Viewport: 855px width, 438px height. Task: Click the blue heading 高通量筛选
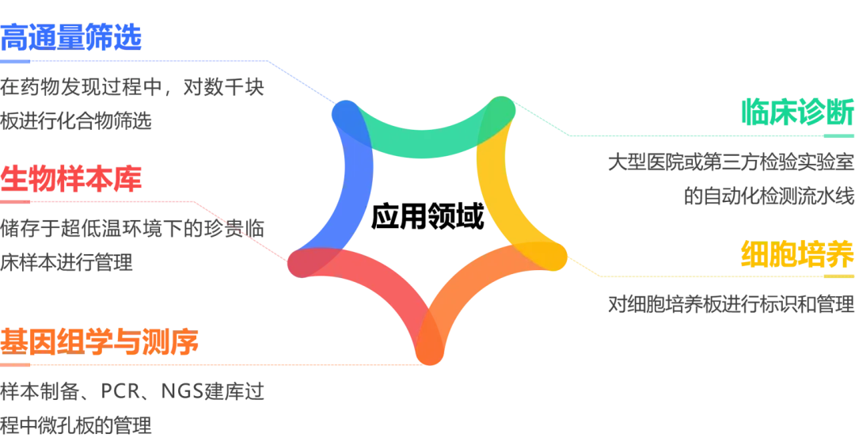pos(73,35)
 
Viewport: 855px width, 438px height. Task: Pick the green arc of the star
pos(431,138)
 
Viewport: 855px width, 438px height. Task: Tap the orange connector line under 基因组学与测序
pos(206,364)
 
